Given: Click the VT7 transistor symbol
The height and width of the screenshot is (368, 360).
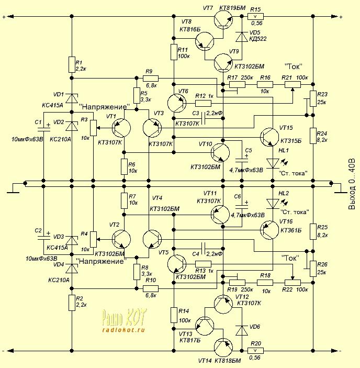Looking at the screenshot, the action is point(223,19).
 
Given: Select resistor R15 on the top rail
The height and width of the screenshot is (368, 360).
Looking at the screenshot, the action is point(255,16).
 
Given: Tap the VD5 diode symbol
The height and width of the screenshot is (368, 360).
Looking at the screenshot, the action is point(242,37).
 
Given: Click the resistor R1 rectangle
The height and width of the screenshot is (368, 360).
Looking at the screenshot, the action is point(72,64).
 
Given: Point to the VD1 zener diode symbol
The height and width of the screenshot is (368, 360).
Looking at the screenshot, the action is point(72,98).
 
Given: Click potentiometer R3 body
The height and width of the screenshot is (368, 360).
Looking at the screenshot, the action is point(93,128).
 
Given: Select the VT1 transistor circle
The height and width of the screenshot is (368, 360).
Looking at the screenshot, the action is point(121,128).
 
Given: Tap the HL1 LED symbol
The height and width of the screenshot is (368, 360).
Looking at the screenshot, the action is point(273,163).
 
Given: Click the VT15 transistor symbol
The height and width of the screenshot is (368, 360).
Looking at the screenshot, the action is point(269,137).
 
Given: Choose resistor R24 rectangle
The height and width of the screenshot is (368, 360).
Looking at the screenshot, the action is point(313,136).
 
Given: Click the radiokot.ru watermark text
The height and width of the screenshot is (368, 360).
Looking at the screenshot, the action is point(123,330).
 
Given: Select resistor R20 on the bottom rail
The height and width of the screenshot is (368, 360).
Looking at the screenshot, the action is point(255,351).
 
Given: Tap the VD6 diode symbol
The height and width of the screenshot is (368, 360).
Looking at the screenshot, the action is point(242,330).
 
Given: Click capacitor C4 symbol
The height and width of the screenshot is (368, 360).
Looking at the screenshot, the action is point(204,249).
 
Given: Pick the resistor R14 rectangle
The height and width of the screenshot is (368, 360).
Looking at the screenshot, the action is point(174,315).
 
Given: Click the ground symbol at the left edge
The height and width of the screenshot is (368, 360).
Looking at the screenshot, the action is point(13,188).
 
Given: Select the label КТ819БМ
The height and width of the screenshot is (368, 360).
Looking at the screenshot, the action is point(232,8).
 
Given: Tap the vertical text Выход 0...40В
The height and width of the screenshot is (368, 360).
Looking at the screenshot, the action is point(352,184).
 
